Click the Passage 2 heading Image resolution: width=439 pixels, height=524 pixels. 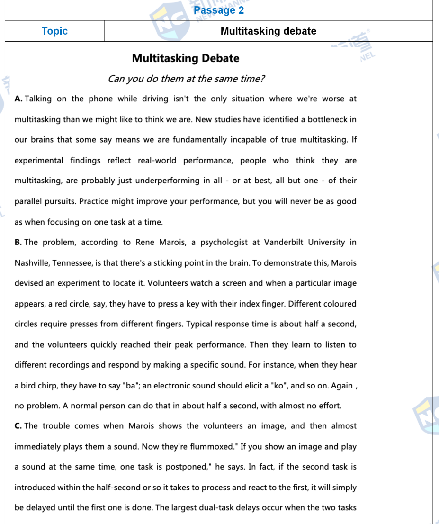pyautogui.click(x=219, y=10)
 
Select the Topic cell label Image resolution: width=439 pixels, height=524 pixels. pyautogui.click(x=54, y=31)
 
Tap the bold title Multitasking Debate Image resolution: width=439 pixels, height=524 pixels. pyautogui.click(x=186, y=58)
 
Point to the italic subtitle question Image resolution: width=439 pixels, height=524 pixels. pyautogui.click(x=186, y=79)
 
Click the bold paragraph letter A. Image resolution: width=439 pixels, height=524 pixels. pyautogui.click(x=18, y=99)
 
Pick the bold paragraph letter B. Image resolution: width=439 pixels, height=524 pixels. pyautogui.click(x=18, y=243)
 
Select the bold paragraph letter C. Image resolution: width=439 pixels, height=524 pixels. pyautogui.click(x=18, y=426)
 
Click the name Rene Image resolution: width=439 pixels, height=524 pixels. pyautogui.click(x=145, y=243)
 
